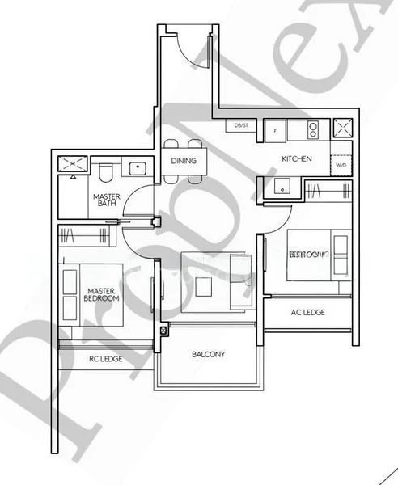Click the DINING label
(183, 161)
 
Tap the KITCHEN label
(296, 159)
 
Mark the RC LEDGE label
(105, 358)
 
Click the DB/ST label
(241, 126)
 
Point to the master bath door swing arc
(139, 200)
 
